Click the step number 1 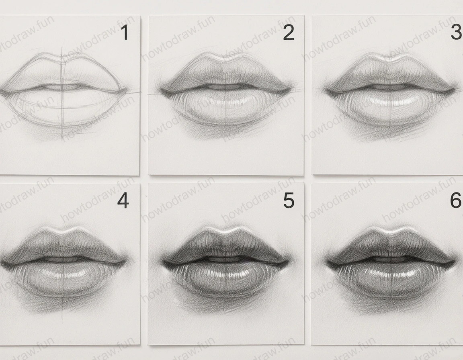[125, 33]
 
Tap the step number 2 [289, 33]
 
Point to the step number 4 [123, 200]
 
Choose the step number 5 [289, 200]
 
